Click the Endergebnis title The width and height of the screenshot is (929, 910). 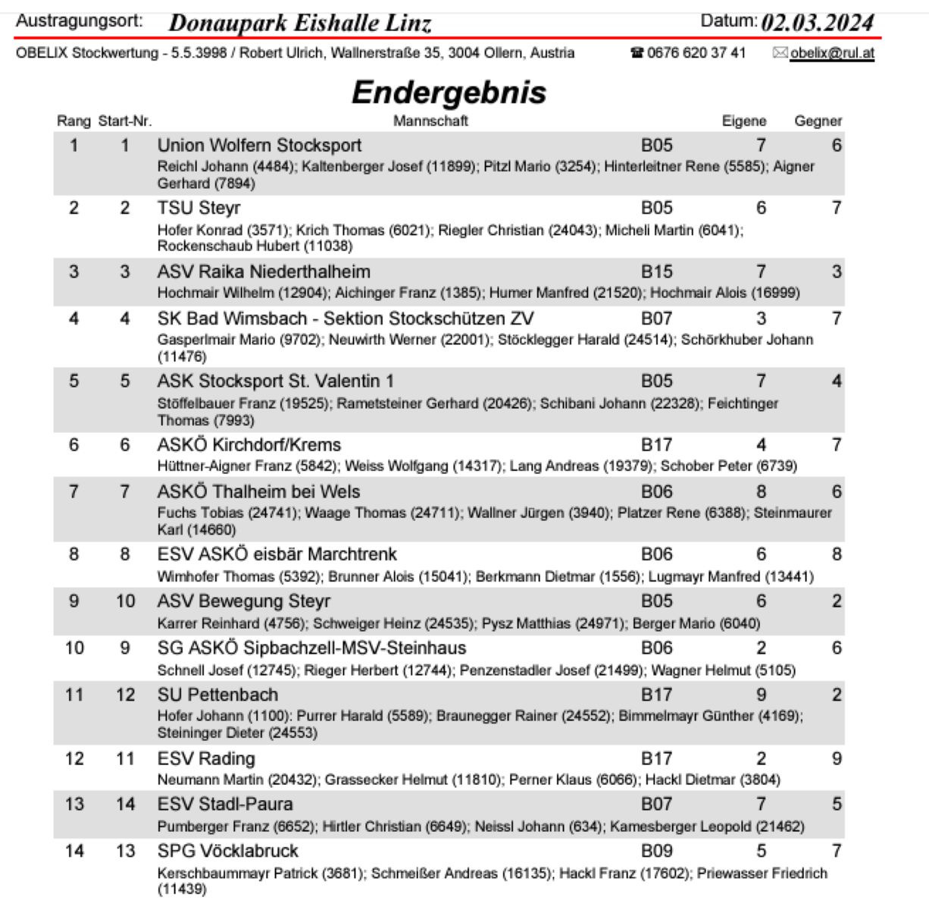pyautogui.click(x=449, y=93)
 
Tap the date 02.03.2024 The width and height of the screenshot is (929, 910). pyautogui.click(x=817, y=22)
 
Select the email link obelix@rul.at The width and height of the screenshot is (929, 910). pyautogui.click(x=831, y=53)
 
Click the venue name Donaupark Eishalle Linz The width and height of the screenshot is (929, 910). pyautogui.click(x=300, y=23)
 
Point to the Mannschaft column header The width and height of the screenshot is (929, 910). pyautogui.click(x=430, y=121)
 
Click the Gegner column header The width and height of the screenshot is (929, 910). pyautogui.click(x=818, y=121)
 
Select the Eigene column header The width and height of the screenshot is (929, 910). pyautogui.click(x=743, y=121)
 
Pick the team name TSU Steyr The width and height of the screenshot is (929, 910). pyautogui.click(x=199, y=208)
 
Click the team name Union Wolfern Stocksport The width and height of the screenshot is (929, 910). pyautogui.click(x=259, y=145)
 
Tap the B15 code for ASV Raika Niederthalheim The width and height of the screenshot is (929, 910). pyautogui.click(x=656, y=271)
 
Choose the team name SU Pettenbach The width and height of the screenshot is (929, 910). pyautogui.click(x=217, y=695)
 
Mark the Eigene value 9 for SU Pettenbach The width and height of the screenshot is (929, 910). pyautogui.click(x=761, y=695)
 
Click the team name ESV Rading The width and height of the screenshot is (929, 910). pyautogui.click(x=206, y=758)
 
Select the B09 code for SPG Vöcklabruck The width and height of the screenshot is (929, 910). pyautogui.click(x=656, y=851)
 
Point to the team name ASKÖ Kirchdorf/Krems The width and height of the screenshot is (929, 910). pyautogui.click(x=249, y=444)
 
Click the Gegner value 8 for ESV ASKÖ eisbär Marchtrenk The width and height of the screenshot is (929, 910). pyautogui.click(x=836, y=554)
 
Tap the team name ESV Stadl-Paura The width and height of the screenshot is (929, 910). pyautogui.click(x=224, y=804)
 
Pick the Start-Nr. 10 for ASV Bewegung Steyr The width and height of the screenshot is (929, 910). pyautogui.click(x=125, y=601)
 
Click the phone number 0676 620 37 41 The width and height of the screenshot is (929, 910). pyautogui.click(x=696, y=53)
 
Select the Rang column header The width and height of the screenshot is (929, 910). pyautogui.click(x=74, y=121)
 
